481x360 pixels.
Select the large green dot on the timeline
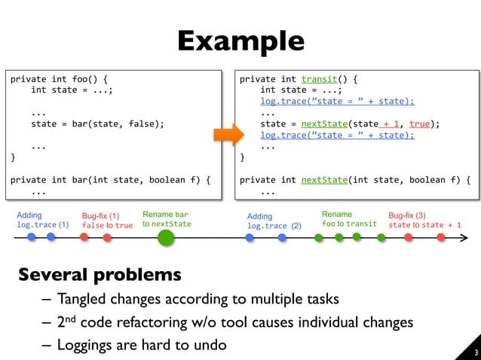pyautogui.click(x=166, y=238)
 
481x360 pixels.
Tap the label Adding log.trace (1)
pyautogui.click(x=42, y=220)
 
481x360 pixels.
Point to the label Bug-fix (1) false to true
pyautogui.click(x=106, y=221)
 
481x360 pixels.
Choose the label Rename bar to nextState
pyautogui.click(x=167, y=219)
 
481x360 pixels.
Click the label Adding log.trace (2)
pyautogui.click(x=274, y=221)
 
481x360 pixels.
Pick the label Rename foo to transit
pyautogui.click(x=348, y=219)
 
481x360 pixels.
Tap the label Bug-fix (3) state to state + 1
pyautogui.click(x=424, y=220)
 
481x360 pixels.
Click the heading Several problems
pyautogui.click(x=100, y=273)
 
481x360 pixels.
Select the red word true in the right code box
pyautogui.click(x=420, y=124)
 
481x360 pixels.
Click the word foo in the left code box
pyautogui.click(x=81, y=78)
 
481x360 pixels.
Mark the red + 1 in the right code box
pyautogui.click(x=391, y=124)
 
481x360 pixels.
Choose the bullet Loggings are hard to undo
pyautogui.click(x=141, y=345)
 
